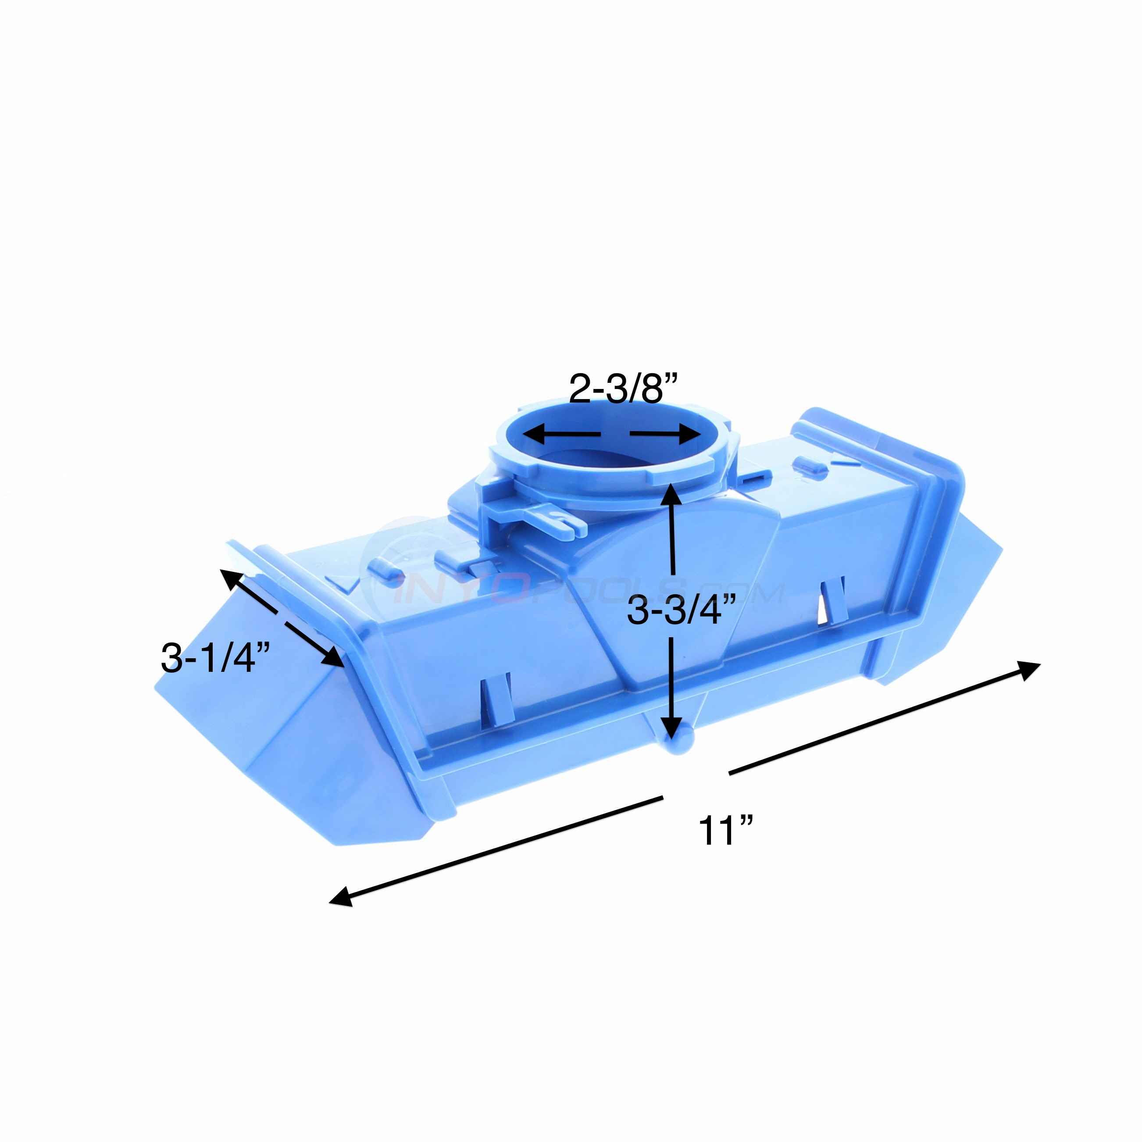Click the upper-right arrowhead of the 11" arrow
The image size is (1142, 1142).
point(1028,670)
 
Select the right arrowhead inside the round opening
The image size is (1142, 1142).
point(689,436)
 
